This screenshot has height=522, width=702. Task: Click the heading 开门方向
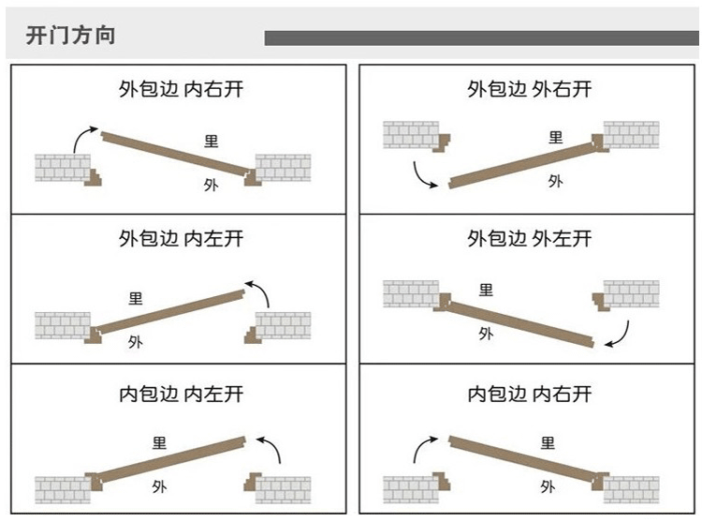tap(70, 37)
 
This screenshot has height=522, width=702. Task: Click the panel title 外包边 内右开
tap(181, 90)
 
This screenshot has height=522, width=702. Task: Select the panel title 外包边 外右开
tap(530, 90)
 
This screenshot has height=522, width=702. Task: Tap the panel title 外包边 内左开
tap(181, 239)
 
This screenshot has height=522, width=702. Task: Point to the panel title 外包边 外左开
tap(530, 239)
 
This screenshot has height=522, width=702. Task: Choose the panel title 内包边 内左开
tap(181, 394)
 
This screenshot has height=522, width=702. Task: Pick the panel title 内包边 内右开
tap(530, 394)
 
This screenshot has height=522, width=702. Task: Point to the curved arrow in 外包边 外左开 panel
tap(619, 334)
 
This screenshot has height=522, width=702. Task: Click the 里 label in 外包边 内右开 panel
tap(212, 142)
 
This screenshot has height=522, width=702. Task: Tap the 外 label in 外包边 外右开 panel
tap(555, 181)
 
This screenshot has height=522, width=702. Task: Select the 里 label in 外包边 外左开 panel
tap(486, 291)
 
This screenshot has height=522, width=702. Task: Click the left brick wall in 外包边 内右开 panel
tap(63, 168)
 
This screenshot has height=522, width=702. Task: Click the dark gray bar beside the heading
tap(481, 37)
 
